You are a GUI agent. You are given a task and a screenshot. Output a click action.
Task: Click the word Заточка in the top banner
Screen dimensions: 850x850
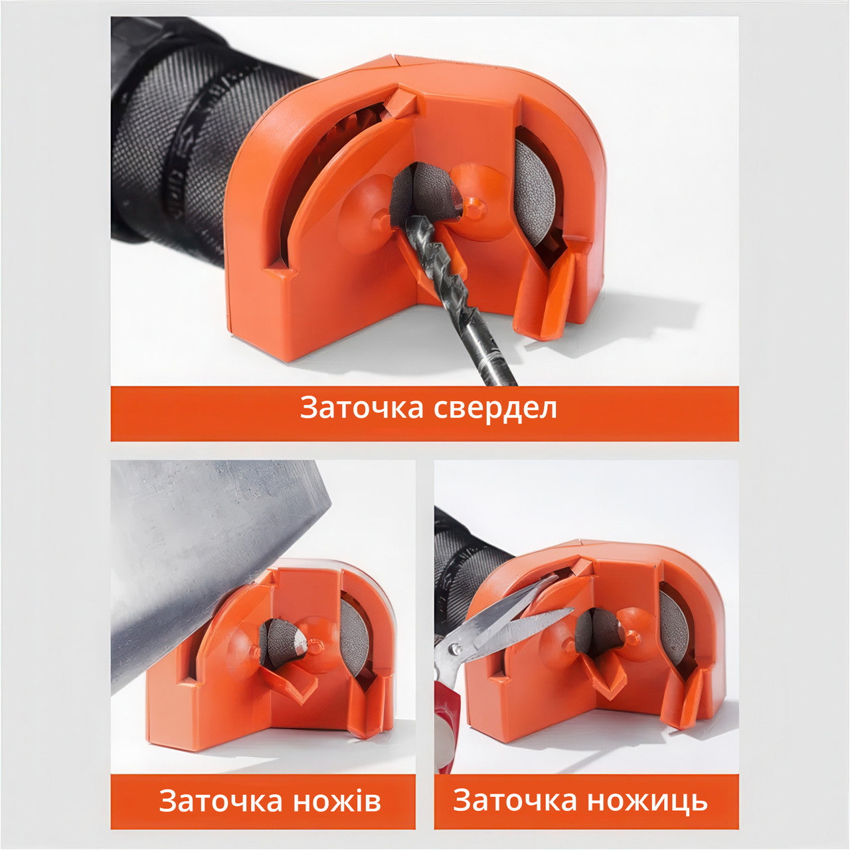362,408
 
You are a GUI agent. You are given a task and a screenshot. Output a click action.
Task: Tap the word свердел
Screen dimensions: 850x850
495,408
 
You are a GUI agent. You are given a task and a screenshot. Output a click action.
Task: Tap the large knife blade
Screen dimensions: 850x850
212,560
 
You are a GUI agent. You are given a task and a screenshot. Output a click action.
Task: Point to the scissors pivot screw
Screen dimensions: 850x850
454,648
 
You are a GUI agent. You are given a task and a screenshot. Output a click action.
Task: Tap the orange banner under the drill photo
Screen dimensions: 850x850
425,414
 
